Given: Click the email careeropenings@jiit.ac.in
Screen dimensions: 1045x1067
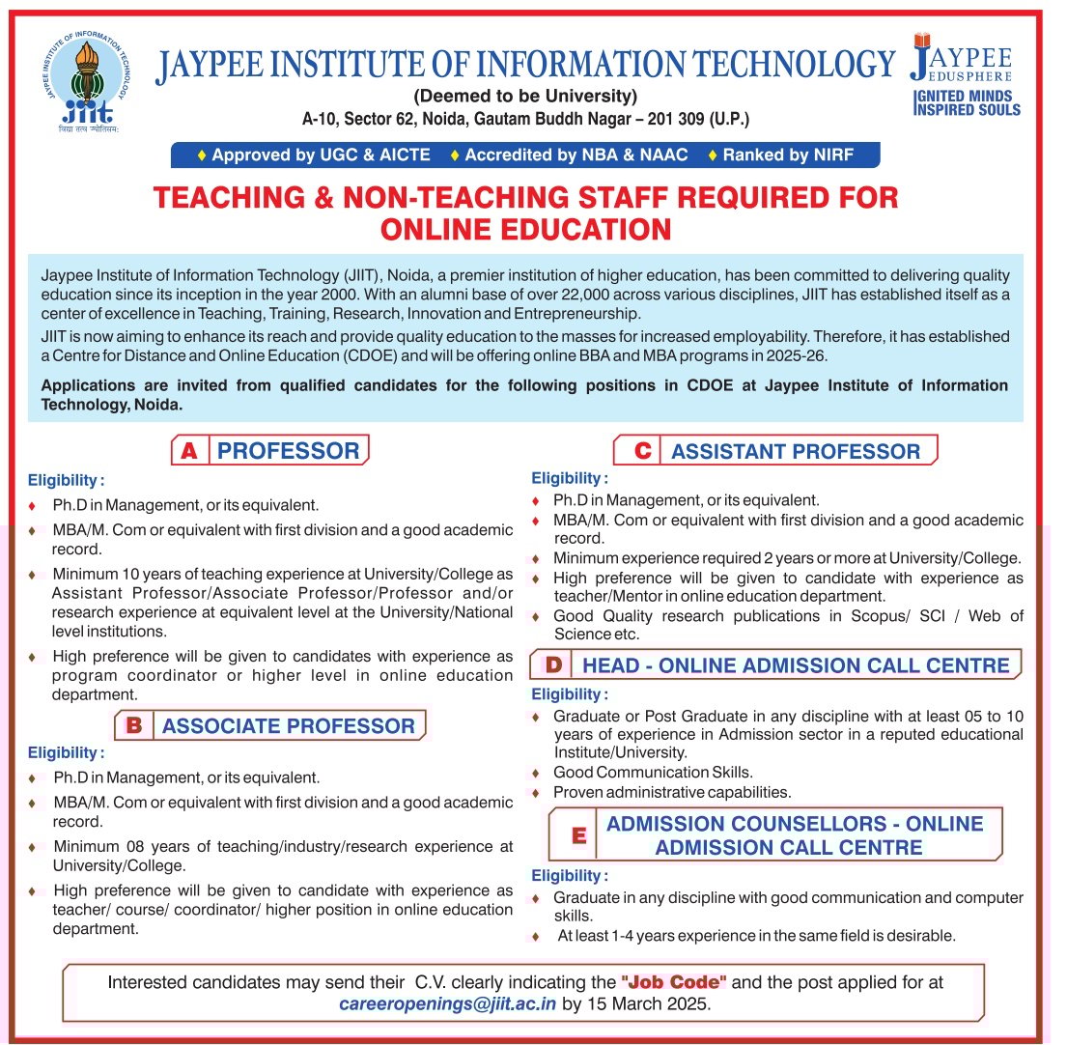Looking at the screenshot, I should click(447, 1003).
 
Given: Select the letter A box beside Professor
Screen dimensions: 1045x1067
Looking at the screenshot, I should click(189, 450).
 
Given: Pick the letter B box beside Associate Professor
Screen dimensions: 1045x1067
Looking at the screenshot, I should click(133, 725).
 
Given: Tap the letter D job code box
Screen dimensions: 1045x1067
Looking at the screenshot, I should click(552, 664).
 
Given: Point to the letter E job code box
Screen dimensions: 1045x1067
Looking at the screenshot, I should click(578, 835).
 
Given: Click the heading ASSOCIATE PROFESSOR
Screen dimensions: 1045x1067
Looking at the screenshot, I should click(288, 725).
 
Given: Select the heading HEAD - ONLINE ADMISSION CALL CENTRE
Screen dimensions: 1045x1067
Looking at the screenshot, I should click(796, 664).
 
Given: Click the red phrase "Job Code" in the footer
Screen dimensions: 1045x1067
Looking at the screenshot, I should click(674, 981).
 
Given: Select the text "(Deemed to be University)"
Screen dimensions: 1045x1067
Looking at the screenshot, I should click(525, 97).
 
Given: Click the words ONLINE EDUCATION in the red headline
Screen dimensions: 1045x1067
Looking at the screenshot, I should click(525, 229).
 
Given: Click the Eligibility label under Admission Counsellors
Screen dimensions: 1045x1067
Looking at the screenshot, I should click(570, 875).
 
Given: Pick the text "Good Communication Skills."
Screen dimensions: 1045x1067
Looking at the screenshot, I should click(653, 772).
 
